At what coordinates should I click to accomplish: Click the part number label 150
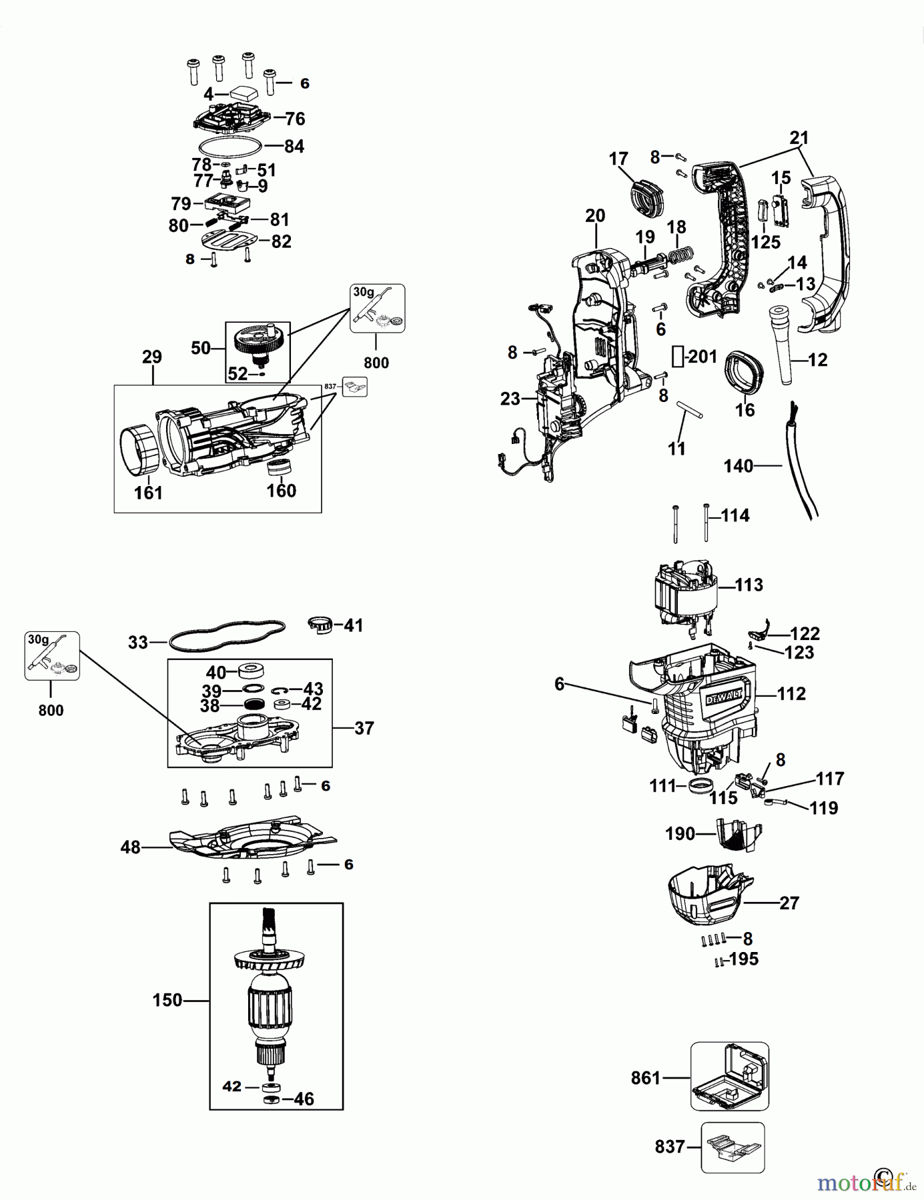point(167,1000)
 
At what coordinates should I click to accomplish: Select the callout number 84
point(294,146)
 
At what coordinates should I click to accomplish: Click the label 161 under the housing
point(148,493)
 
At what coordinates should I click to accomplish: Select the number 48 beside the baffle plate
point(130,847)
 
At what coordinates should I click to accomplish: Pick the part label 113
point(749,585)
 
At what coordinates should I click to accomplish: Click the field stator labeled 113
point(686,593)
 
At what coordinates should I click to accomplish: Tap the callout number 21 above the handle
point(799,138)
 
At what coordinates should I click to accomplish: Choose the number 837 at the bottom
point(670,1147)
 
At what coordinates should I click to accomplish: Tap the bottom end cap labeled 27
point(707,899)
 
